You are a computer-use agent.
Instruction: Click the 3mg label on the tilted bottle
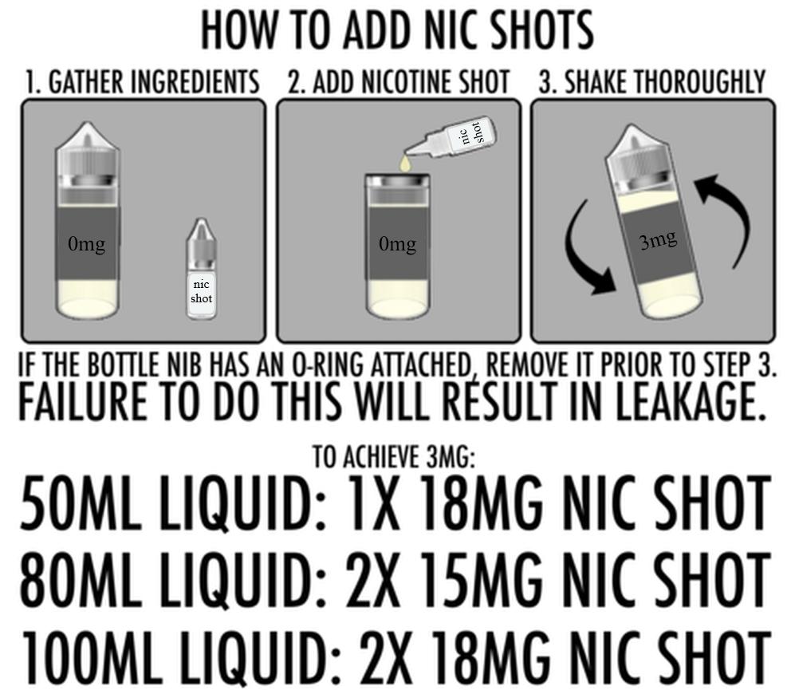pos(658,239)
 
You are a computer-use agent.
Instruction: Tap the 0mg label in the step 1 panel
pos(86,244)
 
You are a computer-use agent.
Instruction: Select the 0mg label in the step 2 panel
pos(397,244)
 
